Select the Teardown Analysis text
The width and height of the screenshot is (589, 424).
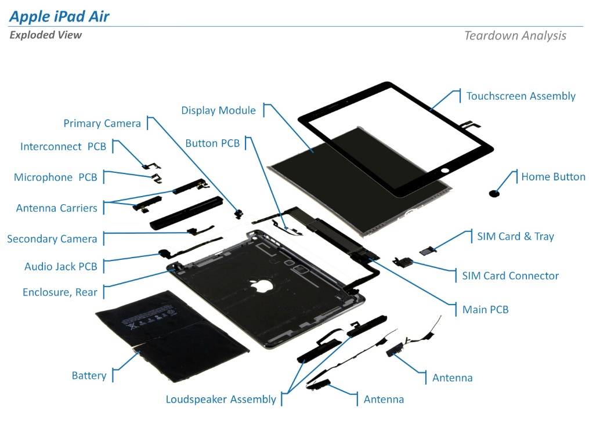click(x=515, y=35)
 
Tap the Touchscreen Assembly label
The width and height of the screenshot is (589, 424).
click(x=521, y=96)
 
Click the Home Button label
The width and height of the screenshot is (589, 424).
click(x=553, y=177)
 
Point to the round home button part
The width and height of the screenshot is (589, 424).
click(x=495, y=193)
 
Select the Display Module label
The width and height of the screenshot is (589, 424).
click(x=218, y=110)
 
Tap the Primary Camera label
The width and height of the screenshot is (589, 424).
click(x=102, y=123)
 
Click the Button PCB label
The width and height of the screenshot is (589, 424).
click(x=212, y=143)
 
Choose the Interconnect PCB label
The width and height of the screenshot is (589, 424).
click(x=63, y=147)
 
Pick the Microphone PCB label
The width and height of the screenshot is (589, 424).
click(x=56, y=177)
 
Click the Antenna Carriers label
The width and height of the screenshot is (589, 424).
click(x=57, y=208)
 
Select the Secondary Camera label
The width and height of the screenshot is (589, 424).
click(x=52, y=239)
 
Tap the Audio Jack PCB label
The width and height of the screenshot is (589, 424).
click(x=61, y=267)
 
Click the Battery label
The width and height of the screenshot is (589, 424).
click(x=89, y=376)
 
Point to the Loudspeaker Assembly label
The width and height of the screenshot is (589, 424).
click(x=221, y=399)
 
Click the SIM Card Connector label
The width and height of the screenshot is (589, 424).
click(x=510, y=276)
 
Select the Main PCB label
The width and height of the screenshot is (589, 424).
click(x=485, y=310)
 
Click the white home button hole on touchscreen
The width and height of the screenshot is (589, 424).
click(x=446, y=171)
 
